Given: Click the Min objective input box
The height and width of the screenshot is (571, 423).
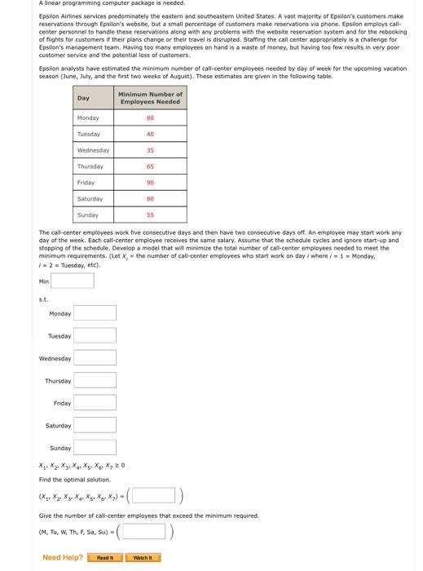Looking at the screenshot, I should pos(73,281).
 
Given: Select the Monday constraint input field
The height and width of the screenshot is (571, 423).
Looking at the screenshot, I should pos(96,313).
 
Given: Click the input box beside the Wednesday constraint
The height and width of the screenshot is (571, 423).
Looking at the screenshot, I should pos(96,358).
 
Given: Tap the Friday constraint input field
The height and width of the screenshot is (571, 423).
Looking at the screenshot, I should pos(96,403).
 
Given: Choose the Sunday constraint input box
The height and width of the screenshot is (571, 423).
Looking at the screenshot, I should pos(96,448).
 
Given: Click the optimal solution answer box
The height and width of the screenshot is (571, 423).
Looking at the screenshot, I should pos(152,495).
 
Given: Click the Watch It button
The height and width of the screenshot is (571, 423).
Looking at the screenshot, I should pos(146,558).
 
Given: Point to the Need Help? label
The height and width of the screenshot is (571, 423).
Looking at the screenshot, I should pos(63,558).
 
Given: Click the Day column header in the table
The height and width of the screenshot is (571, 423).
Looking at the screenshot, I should pos(84,98).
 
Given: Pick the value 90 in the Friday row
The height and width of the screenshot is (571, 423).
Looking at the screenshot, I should pos(151,184).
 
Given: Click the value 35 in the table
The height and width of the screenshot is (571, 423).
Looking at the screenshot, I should pos(151,151).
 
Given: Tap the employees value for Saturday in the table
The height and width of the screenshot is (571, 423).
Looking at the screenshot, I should pos(151,199).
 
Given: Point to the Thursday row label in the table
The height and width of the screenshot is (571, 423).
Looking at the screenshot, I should pos(90,166).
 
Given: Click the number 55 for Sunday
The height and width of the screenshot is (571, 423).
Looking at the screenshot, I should pos(151,215).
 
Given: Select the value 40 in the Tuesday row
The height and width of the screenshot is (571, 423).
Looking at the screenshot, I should pos(151,135).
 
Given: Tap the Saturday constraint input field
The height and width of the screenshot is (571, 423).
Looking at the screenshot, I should pos(96,425).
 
